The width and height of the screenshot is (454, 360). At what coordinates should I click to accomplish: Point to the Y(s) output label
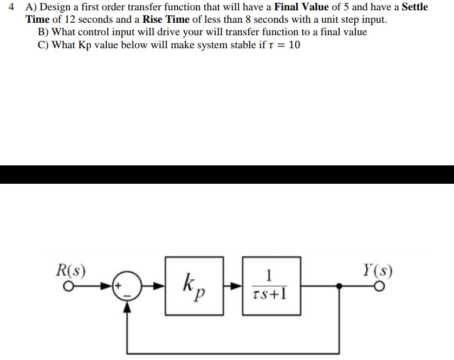378,269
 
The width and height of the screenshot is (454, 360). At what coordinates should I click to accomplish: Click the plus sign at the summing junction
116,283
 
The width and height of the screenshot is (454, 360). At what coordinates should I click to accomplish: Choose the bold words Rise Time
165,20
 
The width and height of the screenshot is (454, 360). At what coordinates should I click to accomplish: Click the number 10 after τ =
294,44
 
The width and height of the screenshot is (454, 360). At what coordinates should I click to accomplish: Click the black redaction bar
227,174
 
